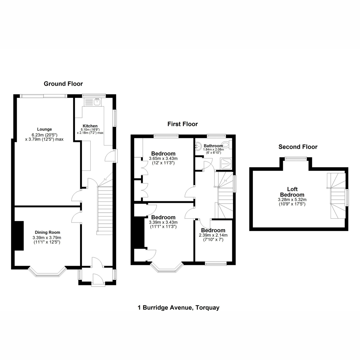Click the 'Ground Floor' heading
63,84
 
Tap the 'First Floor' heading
182,124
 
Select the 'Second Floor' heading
298,147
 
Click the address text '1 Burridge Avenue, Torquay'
178,307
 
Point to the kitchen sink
97,102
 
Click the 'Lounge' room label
44,129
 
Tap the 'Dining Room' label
47,232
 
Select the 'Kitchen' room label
90,126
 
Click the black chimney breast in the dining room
19,235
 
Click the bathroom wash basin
198,146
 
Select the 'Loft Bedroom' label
292,192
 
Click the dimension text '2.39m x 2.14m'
213,235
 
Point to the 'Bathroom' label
213,146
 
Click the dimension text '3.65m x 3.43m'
163,159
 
